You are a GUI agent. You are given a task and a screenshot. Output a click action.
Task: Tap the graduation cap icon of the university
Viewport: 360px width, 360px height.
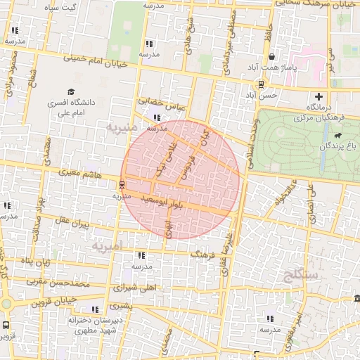click(x=70, y=91)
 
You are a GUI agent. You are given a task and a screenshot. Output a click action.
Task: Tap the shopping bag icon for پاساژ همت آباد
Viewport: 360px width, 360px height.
click(x=271, y=57)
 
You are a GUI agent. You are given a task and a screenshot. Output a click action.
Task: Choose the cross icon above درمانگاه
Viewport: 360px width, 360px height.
click(x=320, y=96)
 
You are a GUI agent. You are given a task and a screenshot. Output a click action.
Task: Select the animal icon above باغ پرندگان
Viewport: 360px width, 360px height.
click(x=339, y=135)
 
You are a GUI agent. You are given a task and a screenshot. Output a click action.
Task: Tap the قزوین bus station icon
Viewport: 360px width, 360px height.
click(x=6, y=326)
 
